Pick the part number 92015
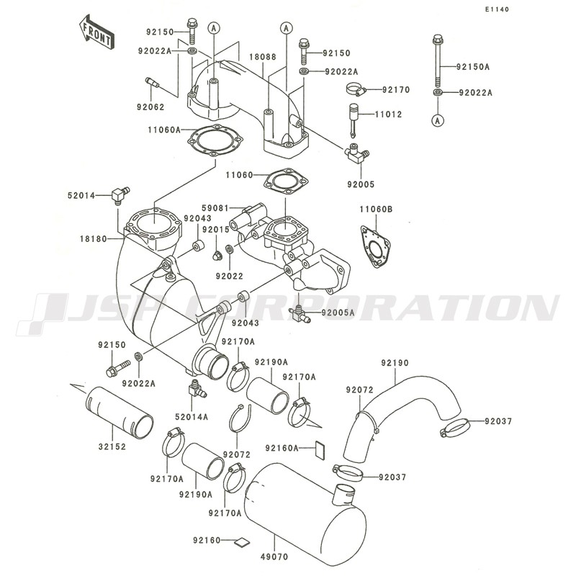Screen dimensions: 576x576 (215, 229)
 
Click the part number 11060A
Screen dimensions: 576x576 (165, 130)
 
